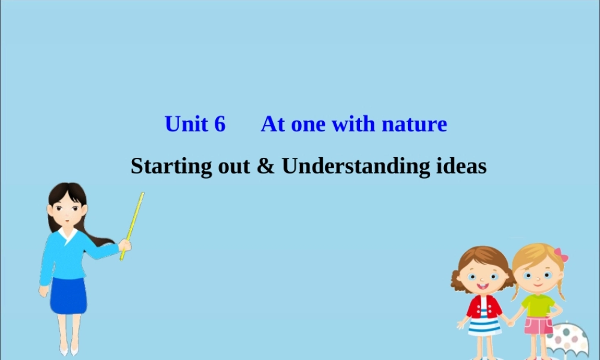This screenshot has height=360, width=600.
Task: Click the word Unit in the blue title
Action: coord(186,124)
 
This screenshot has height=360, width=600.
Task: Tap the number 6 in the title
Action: coord(220,124)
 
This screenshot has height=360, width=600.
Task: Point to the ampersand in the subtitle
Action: coord(265,166)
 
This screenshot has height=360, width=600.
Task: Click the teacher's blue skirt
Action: coord(68,295)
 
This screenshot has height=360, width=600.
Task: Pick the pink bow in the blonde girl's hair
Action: coord(561,254)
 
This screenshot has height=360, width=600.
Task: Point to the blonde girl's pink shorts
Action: coord(538,325)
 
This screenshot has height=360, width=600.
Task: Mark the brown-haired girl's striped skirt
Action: coord(484,326)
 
